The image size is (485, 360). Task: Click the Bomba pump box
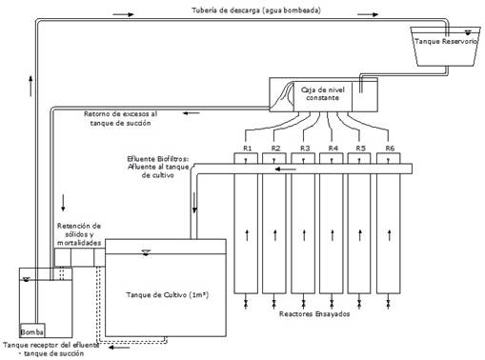click(32, 330)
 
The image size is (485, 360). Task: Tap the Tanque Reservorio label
click(446, 41)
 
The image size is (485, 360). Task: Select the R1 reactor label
click(248, 148)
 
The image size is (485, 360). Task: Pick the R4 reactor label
click(333, 148)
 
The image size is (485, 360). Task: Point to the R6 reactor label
click(390, 148)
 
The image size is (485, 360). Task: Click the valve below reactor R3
click(303, 304)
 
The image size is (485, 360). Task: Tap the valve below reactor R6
click(388, 304)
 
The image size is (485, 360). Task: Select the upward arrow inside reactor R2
click(275, 235)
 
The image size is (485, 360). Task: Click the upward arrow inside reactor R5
click(360, 235)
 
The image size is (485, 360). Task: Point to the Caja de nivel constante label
click(322, 93)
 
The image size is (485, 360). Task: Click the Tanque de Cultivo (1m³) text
click(168, 294)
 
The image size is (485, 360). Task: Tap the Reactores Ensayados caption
click(314, 314)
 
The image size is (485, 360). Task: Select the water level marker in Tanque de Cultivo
click(146, 252)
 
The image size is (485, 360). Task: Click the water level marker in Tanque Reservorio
click(468, 32)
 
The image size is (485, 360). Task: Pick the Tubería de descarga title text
click(256, 10)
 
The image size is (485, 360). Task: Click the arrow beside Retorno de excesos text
click(192, 113)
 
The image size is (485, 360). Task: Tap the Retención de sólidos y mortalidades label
click(79, 234)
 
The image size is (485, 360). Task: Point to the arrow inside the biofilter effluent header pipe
click(285, 170)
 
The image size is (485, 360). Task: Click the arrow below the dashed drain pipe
click(119, 348)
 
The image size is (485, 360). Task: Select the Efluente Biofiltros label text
click(158, 167)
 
